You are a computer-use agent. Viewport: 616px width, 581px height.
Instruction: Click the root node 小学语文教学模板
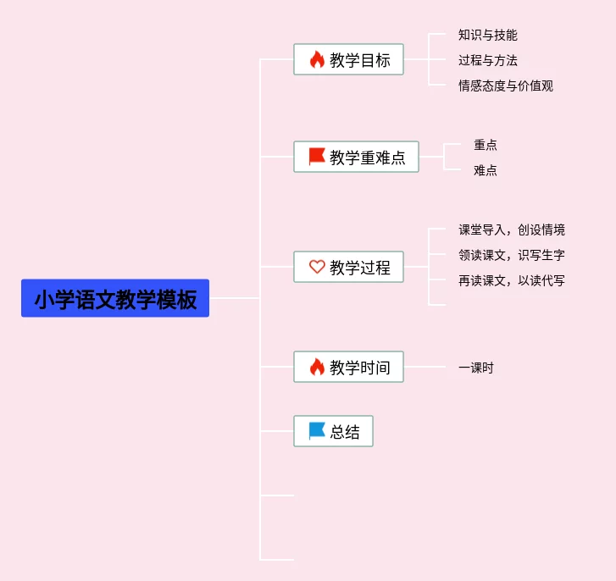pyautogui.click(x=115, y=299)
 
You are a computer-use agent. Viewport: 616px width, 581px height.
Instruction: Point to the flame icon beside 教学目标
pyautogui.click(x=317, y=60)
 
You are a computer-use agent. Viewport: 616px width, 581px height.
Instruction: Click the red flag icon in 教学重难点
pyautogui.click(x=317, y=157)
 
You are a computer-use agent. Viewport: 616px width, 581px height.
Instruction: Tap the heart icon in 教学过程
pyautogui.click(x=317, y=268)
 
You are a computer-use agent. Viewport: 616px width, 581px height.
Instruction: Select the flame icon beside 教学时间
pyautogui.click(x=317, y=367)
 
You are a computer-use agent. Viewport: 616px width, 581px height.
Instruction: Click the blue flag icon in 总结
pyautogui.click(x=317, y=432)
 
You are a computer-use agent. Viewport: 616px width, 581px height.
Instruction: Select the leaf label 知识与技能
pyautogui.click(x=487, y=36)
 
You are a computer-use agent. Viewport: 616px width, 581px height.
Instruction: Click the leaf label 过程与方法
pyautogui.click(x=487, y=61)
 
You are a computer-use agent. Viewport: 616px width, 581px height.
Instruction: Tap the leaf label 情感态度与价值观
pyautogui.click(x=505, y=86)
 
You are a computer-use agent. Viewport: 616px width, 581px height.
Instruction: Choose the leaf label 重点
pyautogui.click(x=486, y=146)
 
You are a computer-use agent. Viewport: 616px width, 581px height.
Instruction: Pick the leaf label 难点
pyautogui.click(x=486, y=171)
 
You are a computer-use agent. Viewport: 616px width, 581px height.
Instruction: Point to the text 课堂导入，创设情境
pyautogui.click(x=512, y=230)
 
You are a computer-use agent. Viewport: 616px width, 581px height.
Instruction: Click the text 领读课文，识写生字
pyautogui.click(x=512, y=256)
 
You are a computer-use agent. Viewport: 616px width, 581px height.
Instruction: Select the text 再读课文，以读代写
pyautogui.click(x=512, y=281)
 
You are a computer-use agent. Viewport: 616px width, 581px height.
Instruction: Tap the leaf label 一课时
pyautogui.click(x=476, y=368)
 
